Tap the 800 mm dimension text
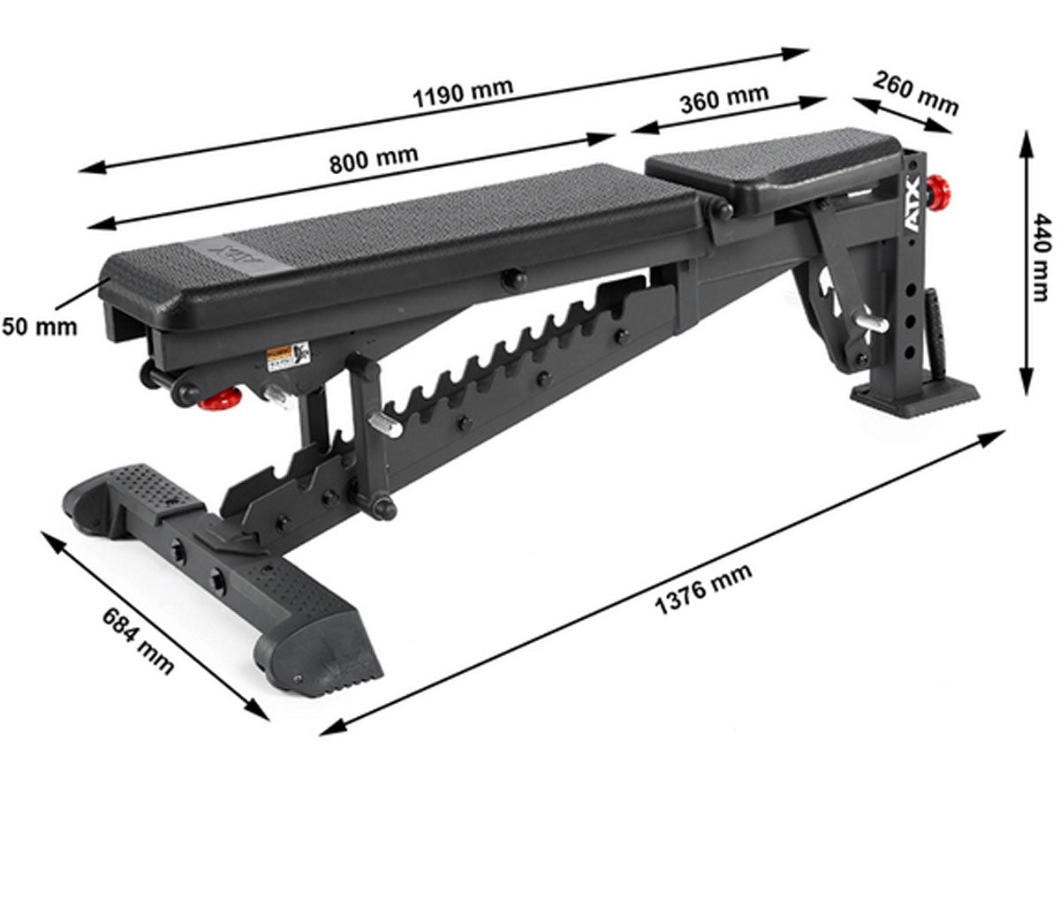[x=374, y=160]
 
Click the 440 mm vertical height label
[x=1042, y=256]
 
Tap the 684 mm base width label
[x=139, y=639]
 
